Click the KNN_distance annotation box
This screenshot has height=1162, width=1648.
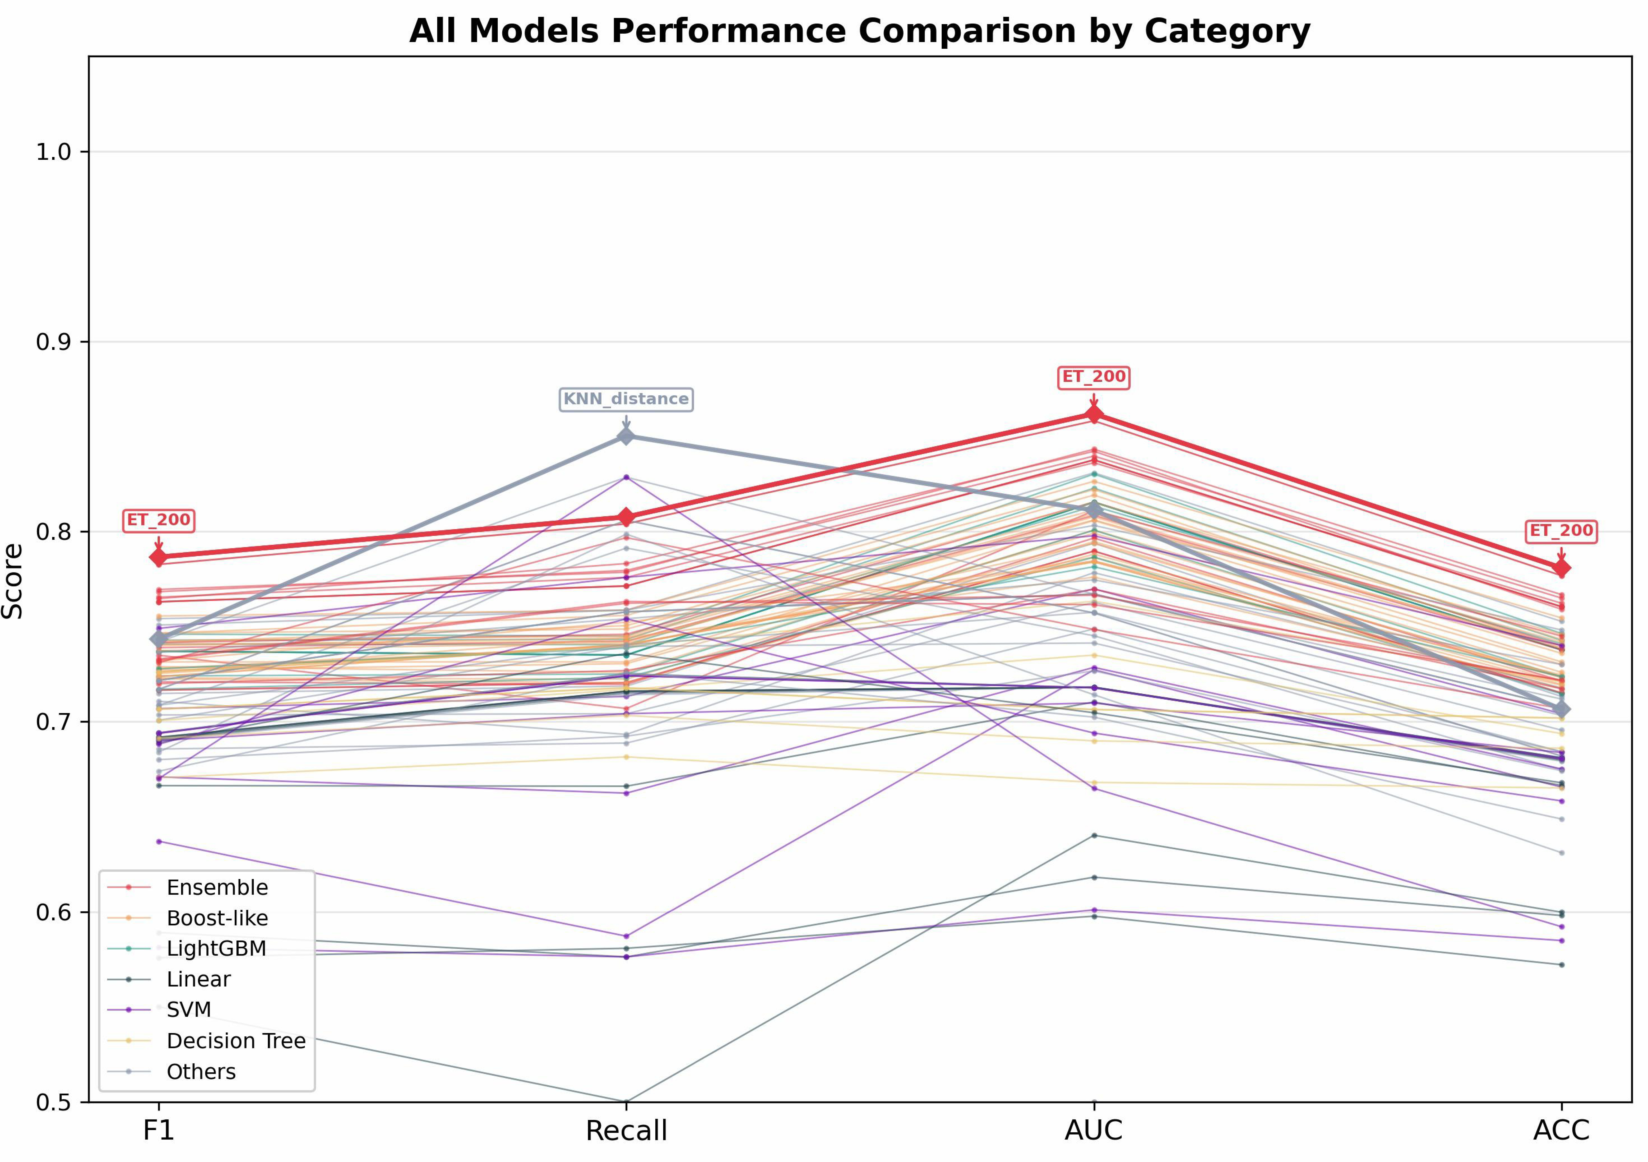pos(626,399)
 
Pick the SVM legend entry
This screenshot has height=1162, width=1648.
pos(159,1010)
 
